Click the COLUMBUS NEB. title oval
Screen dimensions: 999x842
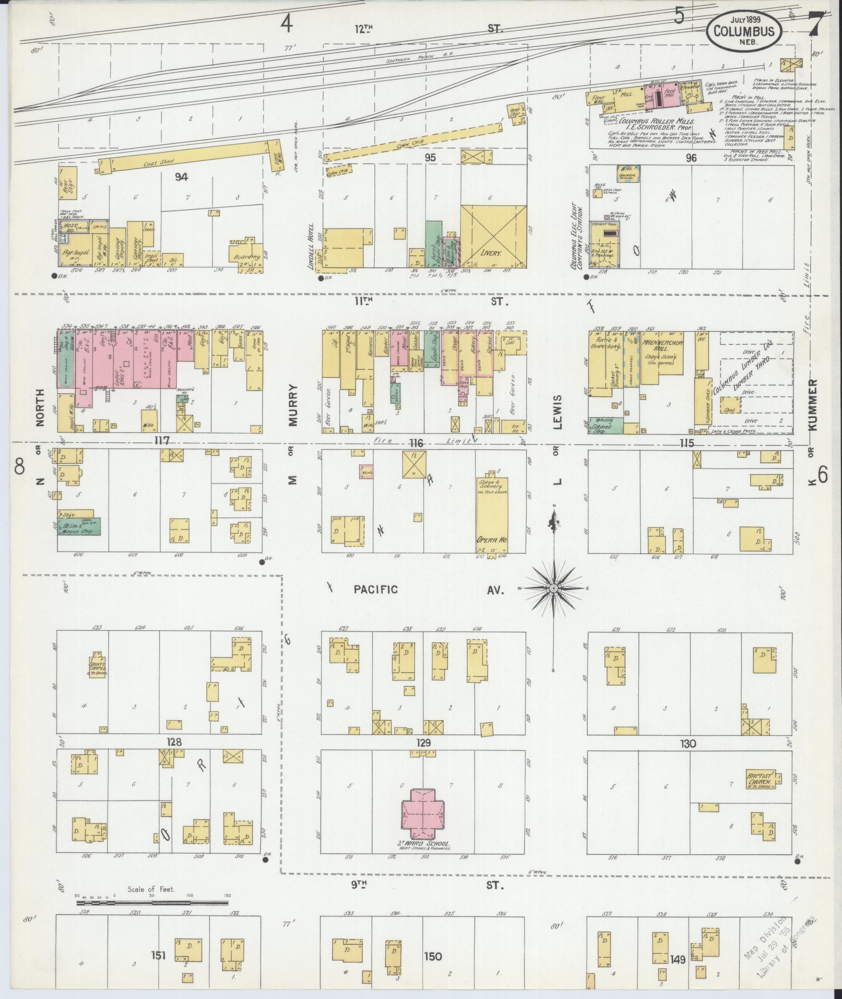pos(744,31)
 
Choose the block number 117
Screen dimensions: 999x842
pos(162,441)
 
